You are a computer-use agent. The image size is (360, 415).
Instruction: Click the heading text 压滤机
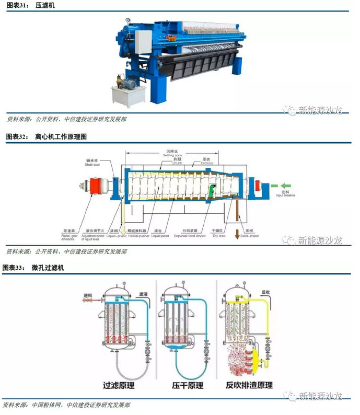click(45, 5)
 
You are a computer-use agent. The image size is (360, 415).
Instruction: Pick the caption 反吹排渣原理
click(249, 385)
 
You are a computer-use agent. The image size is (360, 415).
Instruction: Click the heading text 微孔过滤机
click(49, 268)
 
